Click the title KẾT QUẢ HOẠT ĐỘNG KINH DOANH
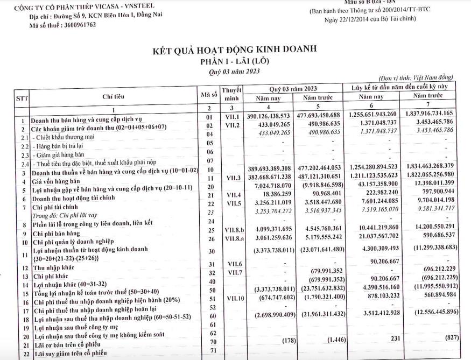235,50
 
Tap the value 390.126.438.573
276,116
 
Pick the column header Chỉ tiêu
114,96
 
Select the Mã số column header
208,95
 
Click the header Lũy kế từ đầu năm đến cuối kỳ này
399,86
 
